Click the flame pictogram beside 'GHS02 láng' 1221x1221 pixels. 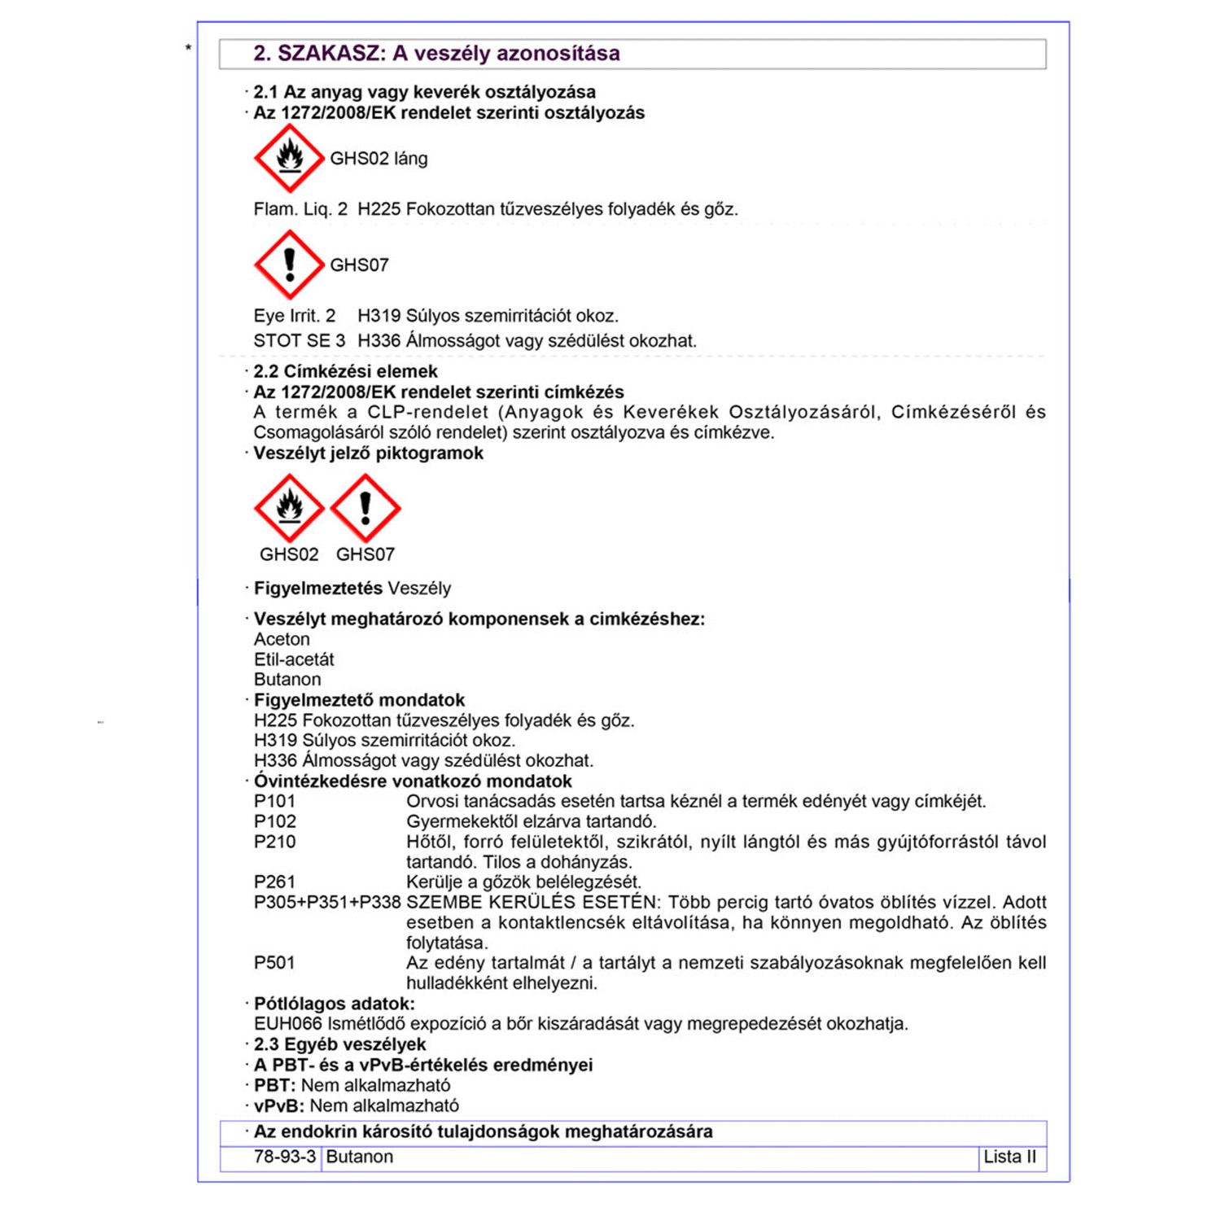click(x=289, y=158)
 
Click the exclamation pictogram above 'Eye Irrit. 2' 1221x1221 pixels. click(x=289, y=265)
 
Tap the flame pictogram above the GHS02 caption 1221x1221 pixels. click(x=289, y=508)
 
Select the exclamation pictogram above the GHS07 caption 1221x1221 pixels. click(x=365, y=508)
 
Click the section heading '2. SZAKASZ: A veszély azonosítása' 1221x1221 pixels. click(x=436, y=54)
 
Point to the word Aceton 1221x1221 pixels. click(x=282, y=639)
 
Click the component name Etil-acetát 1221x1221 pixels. click(x=294, y=659)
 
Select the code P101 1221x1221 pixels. click(x=274, y=801)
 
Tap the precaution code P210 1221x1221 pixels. click(x=274, y=842)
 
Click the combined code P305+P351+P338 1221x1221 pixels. click(x=327, y=902)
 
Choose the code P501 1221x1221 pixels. click(x=274, y=963)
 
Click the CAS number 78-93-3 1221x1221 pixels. click(x=284, y=1157)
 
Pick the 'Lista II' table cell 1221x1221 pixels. click(x=1009, y=1157)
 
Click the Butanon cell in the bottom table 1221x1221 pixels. click(x=359, y=1157)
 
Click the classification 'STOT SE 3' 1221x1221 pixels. click(x=299, y=340)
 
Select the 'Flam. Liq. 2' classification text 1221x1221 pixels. click(x=300, y=209)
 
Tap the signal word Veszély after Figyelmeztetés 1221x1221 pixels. click(x=419, y=588)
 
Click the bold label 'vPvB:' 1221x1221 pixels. click(x=279, y=1105)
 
